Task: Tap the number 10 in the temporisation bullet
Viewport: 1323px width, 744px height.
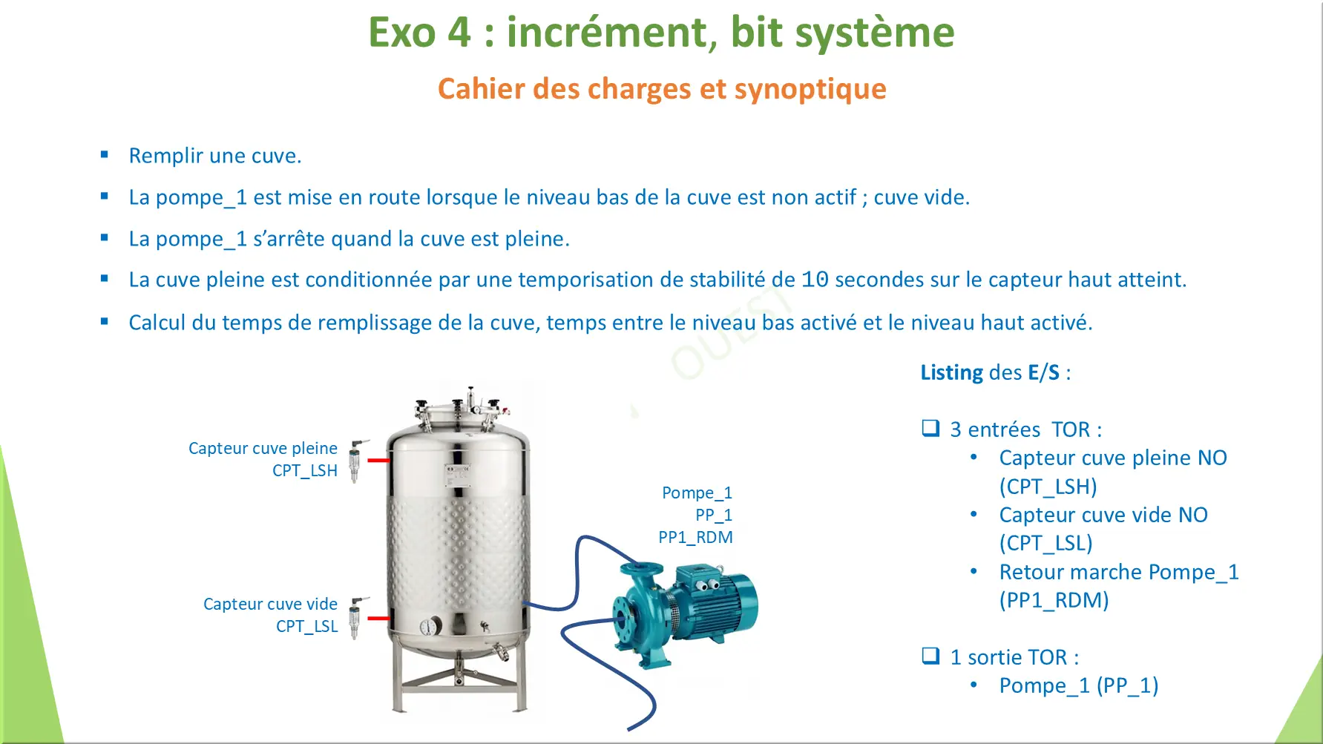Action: (815, 280)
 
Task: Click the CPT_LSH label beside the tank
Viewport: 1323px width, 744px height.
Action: (305, 470)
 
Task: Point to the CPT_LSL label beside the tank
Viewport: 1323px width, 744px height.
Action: (306, 626)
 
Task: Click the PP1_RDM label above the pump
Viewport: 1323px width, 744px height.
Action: (695, 537)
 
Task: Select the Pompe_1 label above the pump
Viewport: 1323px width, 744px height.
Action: (697, 493)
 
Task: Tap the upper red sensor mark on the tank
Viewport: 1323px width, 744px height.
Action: (379, 460)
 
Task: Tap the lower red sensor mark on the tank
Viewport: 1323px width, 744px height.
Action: (379, 617)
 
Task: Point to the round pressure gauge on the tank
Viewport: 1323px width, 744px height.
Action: (430, 627)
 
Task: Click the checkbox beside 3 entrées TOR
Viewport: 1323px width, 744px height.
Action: (930, 428)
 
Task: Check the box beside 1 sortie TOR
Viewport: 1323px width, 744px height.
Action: (930, 656)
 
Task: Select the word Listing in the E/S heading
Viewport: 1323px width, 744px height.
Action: (951, 372)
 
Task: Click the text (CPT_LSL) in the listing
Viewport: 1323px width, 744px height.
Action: (1045, 543)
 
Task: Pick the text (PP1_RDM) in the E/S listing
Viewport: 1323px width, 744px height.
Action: (1054, 600)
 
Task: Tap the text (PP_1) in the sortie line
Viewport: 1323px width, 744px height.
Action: (1127, 685)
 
